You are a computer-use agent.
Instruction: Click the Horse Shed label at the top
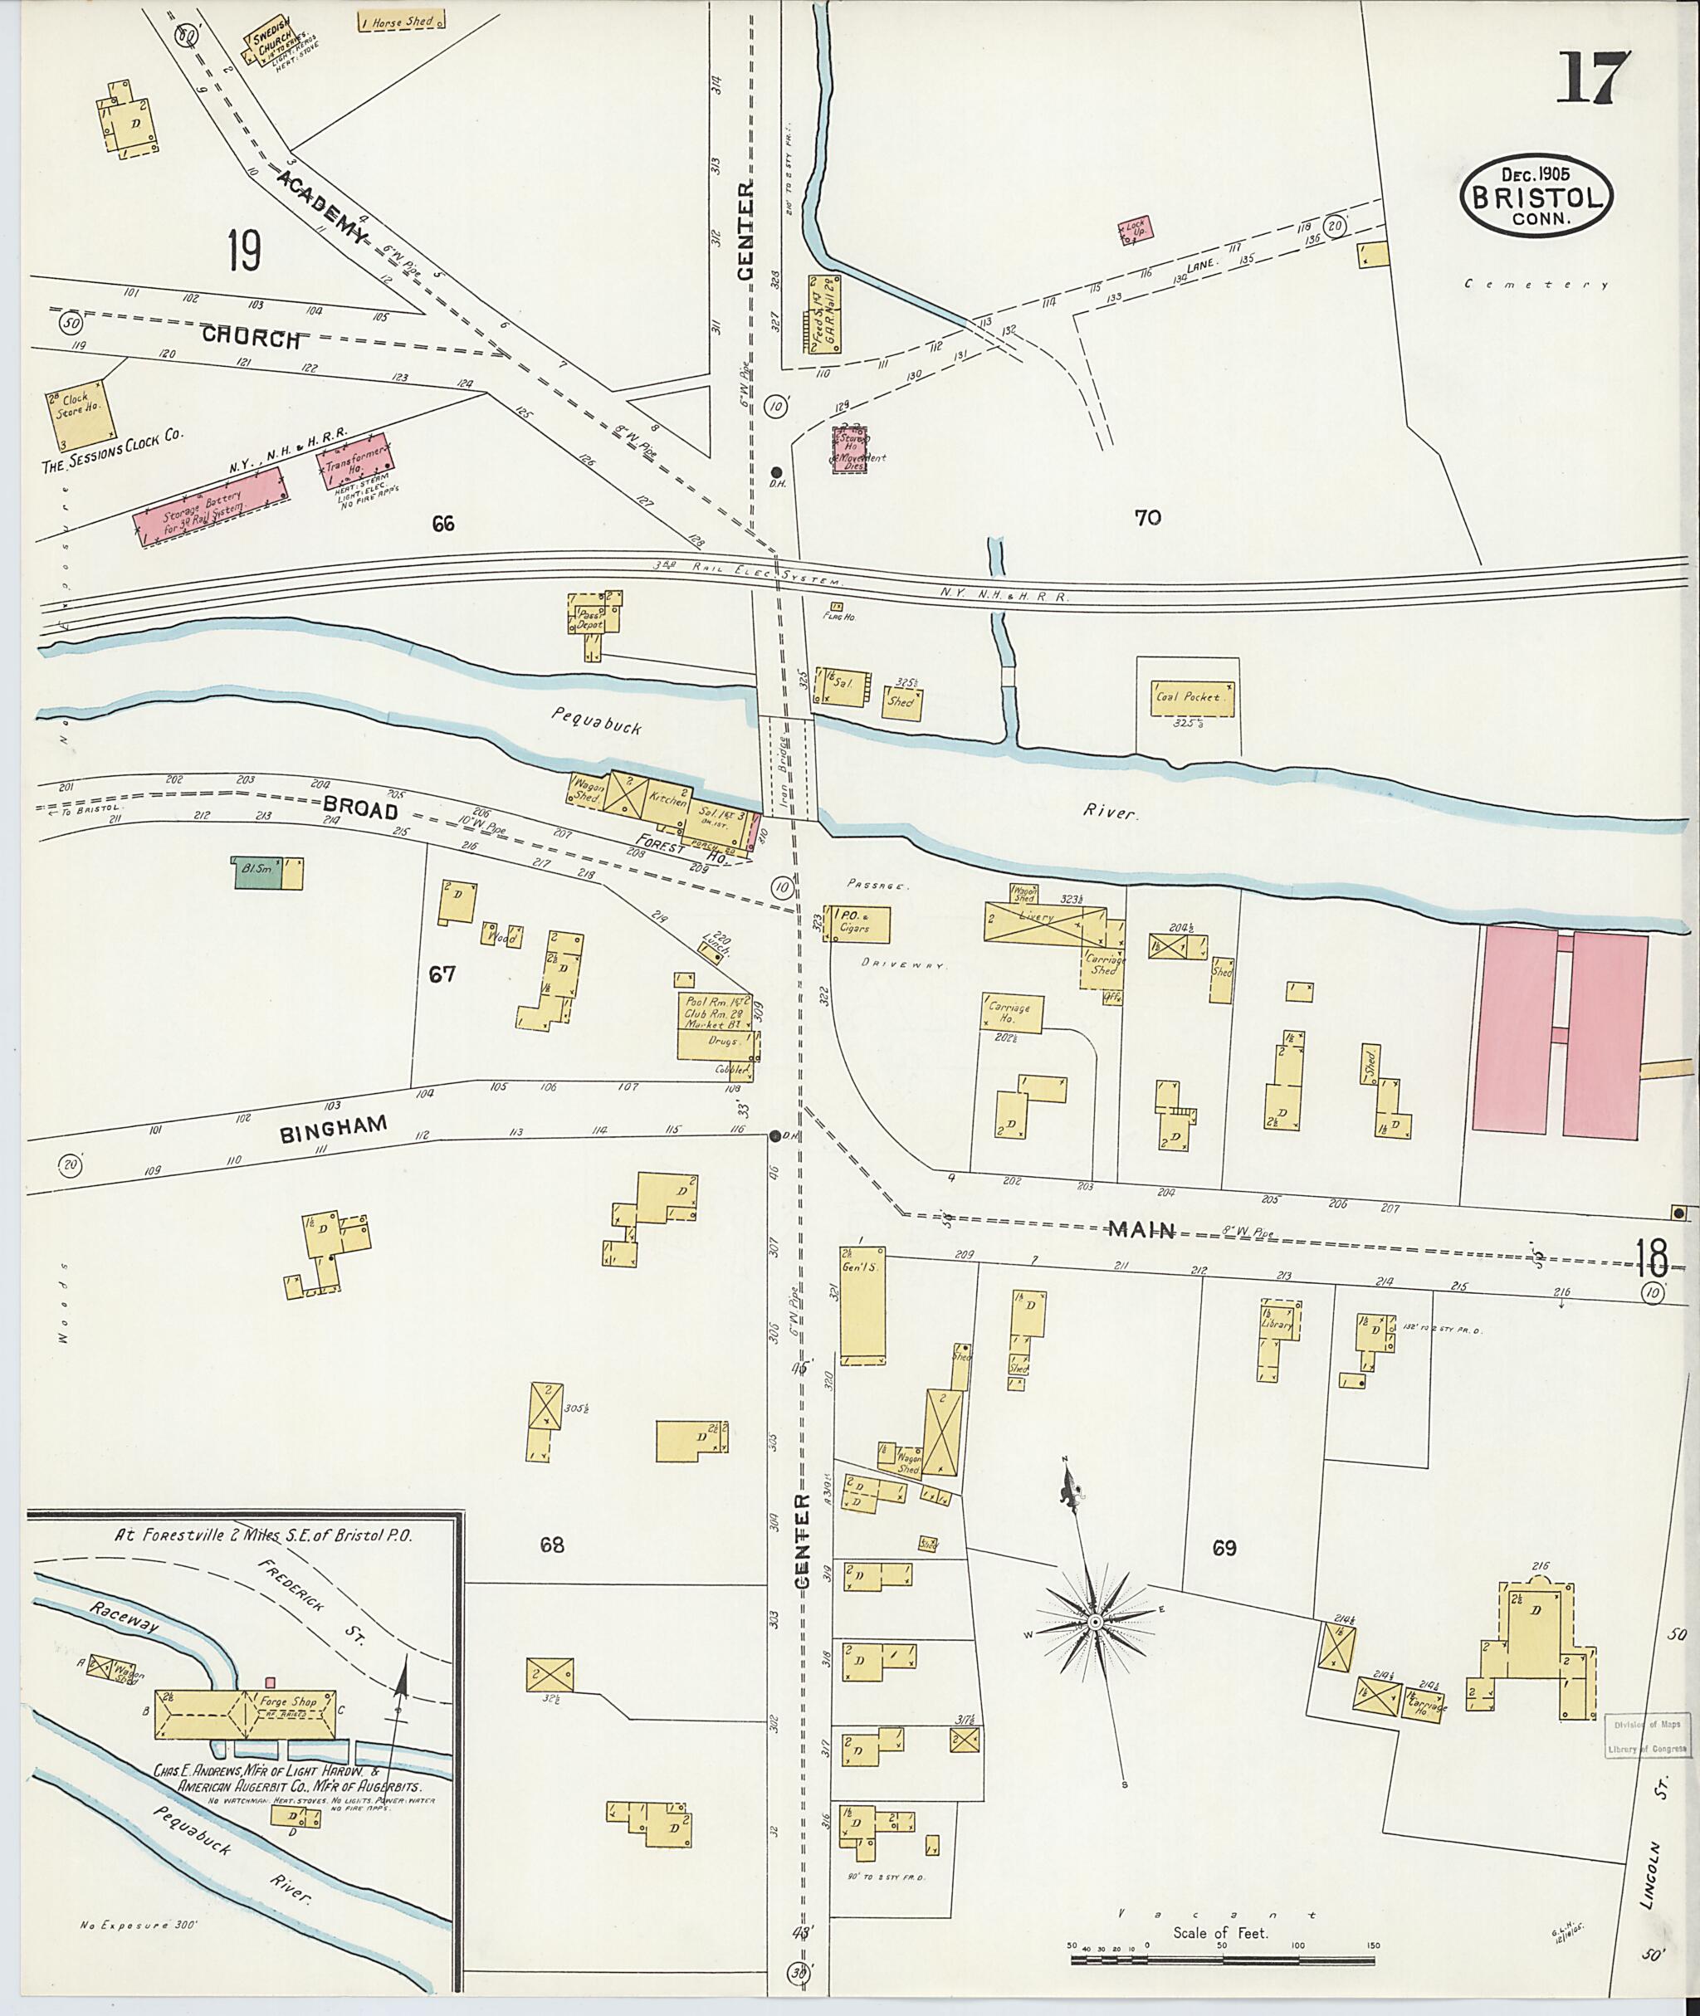tap(395, 20)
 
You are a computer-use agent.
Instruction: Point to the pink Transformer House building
tap(354, 463)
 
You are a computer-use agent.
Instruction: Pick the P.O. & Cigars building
tap(856, 923)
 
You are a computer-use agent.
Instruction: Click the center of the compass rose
tap(1095, 1623)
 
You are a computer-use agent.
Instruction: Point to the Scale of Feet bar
tap(1224, 1944)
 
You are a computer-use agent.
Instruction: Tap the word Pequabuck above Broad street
tap(598, 720)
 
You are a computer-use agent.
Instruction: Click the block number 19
tap(244, 251)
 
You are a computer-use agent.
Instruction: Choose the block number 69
tap(1224, 1548)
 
